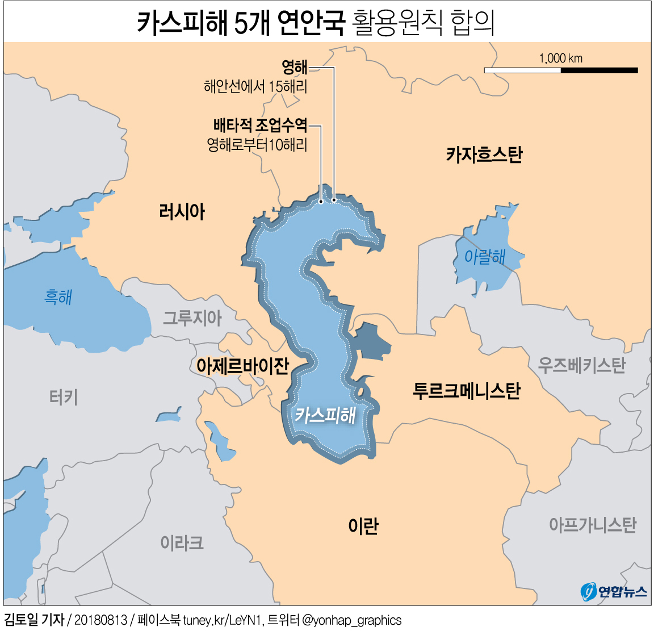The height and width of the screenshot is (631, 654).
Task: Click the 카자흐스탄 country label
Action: coord(484,154)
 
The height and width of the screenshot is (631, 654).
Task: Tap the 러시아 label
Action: coord(182,212)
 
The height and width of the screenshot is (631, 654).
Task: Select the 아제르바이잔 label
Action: coord(242,366)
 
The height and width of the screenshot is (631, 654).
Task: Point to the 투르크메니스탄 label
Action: coord(466,391)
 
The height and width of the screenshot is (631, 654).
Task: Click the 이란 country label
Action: coord(363,526)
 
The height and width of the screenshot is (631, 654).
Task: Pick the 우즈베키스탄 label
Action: coord(581,365)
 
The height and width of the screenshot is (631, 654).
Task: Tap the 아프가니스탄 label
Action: coord(592,524)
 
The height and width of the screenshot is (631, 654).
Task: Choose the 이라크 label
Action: coord(182,543)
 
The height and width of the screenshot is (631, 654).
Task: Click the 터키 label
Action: coord(64,397)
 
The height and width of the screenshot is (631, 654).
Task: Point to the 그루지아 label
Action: coord(192,317)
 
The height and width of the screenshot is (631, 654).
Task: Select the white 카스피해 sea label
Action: coord(325,415)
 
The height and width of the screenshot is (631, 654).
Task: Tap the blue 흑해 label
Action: coord(58,297)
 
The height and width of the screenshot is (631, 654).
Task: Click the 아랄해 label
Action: coord(485,257)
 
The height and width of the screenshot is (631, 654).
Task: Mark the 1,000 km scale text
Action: coord(560,58)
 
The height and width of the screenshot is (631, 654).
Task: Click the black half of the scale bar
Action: coord(599,70)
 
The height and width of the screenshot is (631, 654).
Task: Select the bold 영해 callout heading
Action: coord(295,68)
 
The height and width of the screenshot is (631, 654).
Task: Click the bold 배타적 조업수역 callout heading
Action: coord(260,125)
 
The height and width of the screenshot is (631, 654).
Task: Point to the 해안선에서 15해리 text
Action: coord(255,86)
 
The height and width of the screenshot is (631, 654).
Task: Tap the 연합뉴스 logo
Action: coord(614,592)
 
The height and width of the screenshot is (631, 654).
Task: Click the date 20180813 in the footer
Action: coord(100,620)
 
